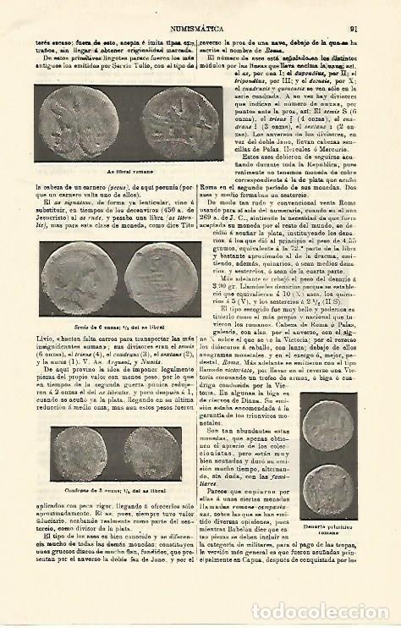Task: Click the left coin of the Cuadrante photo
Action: click(x=81, y=454)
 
